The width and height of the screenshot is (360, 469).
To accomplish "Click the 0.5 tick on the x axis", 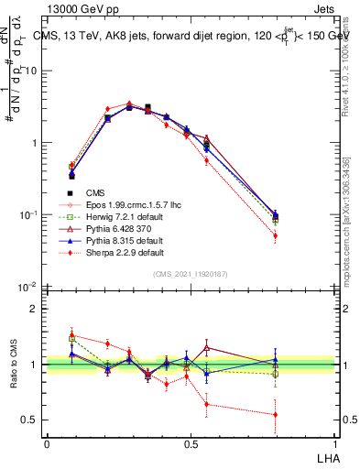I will [190, 444].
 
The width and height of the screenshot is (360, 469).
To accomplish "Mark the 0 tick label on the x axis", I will [47, 444].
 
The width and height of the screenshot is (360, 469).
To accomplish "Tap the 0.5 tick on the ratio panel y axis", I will [33, 420].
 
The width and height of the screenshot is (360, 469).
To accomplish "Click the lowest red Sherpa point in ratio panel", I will [276, 414].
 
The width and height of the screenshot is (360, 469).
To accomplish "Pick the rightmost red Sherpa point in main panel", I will [276, 235].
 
